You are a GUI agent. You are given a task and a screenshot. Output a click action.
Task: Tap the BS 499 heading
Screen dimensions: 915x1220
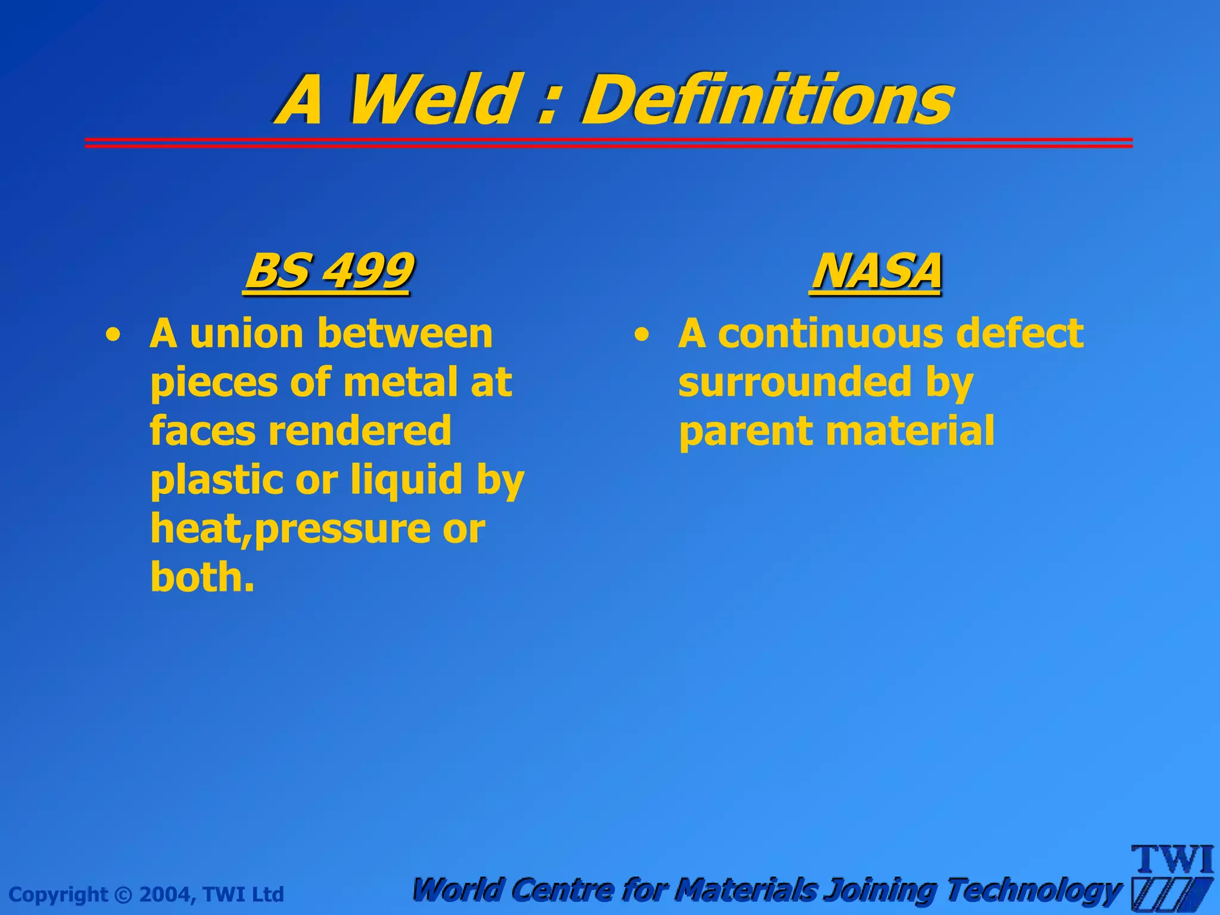(x=328, y=271)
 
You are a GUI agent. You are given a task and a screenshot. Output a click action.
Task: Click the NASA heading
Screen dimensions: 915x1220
(x=876, y=271)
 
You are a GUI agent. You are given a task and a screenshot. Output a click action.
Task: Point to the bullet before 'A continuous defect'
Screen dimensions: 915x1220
(x=641, y=335)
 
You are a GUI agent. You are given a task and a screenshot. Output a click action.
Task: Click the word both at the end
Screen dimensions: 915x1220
(x=202, y=577)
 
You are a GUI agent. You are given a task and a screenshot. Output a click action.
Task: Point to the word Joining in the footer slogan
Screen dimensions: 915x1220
(x=882, y=891)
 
